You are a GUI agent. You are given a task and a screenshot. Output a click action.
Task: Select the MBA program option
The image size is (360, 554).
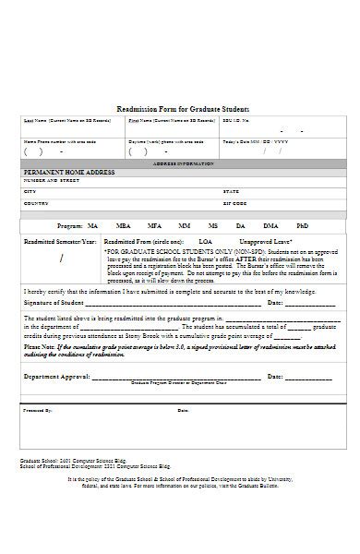click(123, 225)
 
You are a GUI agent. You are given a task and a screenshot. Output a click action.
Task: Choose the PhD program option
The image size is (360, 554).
click(302, 225)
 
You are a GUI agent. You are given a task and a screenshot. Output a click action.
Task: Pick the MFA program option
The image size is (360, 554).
click(154, 225)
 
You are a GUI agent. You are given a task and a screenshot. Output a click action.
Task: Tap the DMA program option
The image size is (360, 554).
click(270, 225)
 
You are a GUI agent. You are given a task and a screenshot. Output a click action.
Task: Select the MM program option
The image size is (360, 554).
click(185, 225)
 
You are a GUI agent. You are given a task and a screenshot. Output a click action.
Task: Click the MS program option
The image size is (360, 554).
click(213, 225)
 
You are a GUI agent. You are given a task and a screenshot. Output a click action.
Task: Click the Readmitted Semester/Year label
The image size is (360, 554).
click(59, 241)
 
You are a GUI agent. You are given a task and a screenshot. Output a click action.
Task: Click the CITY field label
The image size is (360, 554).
click(29, 191)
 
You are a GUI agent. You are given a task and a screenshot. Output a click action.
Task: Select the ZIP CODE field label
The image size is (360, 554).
click(235, 202)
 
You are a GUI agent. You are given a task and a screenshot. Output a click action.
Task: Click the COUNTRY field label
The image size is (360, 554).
click(36, 202)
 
